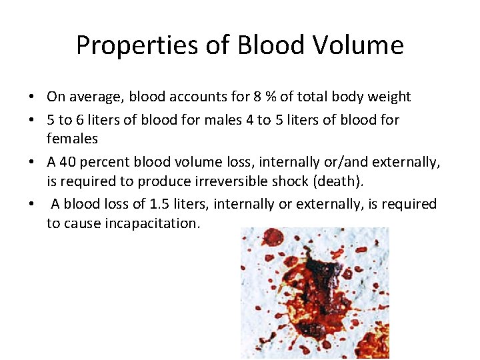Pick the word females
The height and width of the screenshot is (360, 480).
[x=72, y=139]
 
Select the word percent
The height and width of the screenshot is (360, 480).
[x=104, y=161]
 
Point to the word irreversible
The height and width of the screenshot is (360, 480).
[x=209, y=181]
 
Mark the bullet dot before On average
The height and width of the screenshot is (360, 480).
[x=32, y=97]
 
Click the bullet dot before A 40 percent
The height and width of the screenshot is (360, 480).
[x=32, y=162]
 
